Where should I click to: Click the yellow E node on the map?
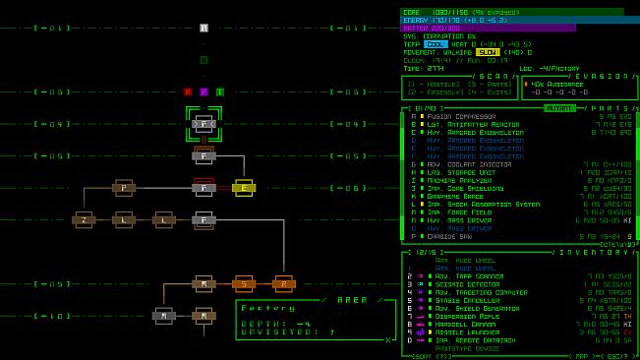tap(244, 188)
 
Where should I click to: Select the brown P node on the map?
tap(124, 187)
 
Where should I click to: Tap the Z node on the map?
tap(84, 219)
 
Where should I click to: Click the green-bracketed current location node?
tap(204, 124)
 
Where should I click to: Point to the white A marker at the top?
tap(204, 29)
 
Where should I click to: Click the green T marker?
tap(219, 91)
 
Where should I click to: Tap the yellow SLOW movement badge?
tap(488, 52)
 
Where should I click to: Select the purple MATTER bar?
tap(488, 28)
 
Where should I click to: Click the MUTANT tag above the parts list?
tap(559, 107)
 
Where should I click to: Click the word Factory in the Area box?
tap(262, 308)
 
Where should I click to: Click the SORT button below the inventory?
tap(421, 355)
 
